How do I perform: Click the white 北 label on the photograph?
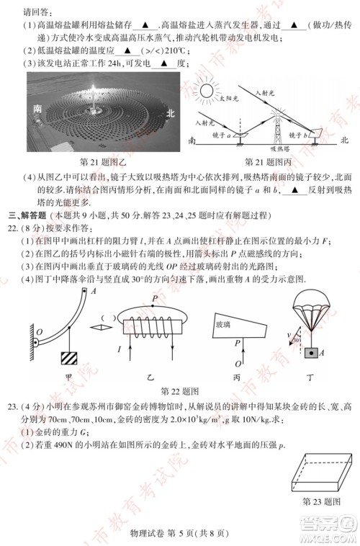tap(171, 114)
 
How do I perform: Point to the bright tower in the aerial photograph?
tap(96, 110)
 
